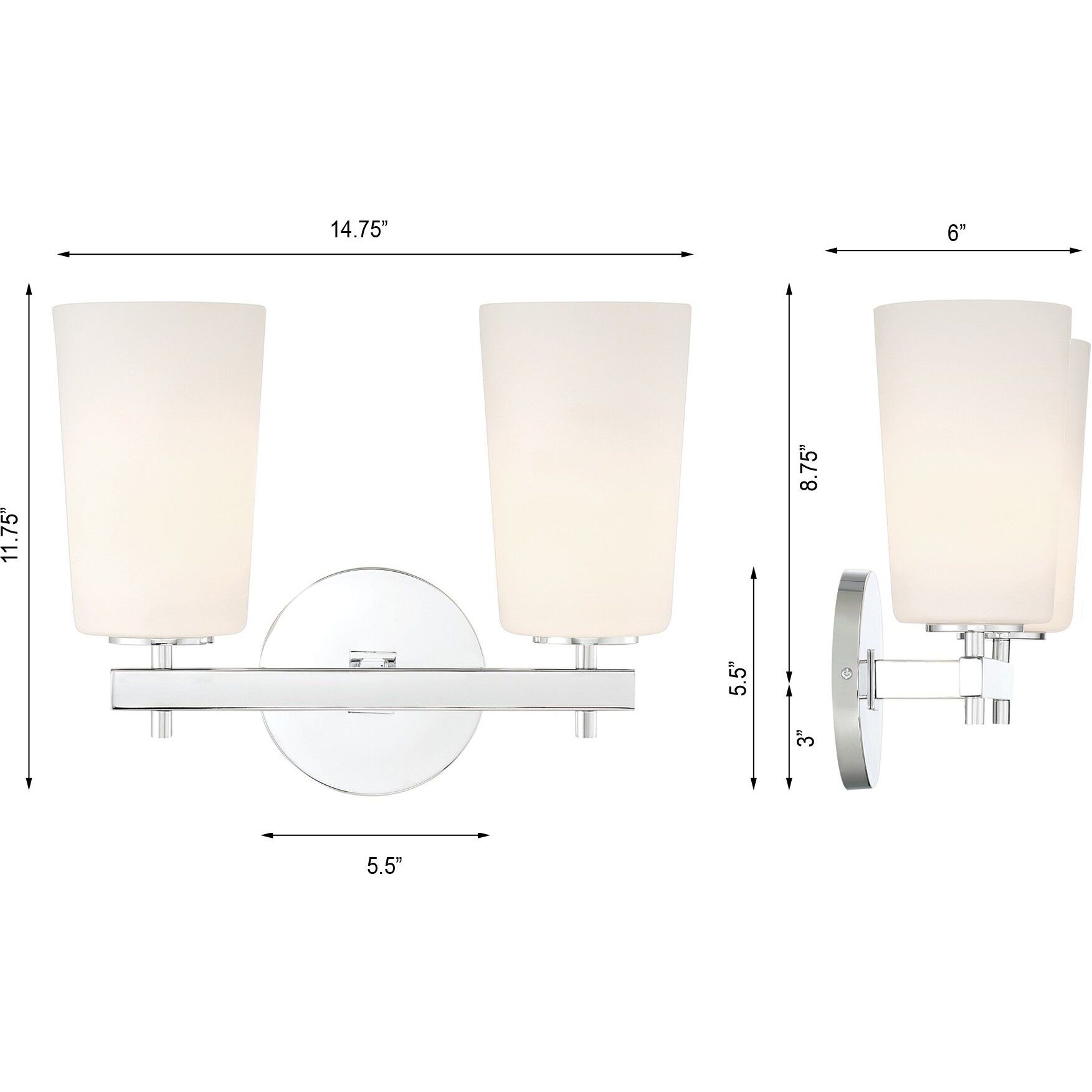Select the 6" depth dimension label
[956, 232]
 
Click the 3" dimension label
[809, 739]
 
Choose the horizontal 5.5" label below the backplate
[384, 866]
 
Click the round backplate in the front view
[373, 748]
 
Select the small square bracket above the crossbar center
[373, 658]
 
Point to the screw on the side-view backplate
[846, 672]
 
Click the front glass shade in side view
[972, 461]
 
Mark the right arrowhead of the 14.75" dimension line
[688, 254]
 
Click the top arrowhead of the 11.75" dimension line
[29, 289]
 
